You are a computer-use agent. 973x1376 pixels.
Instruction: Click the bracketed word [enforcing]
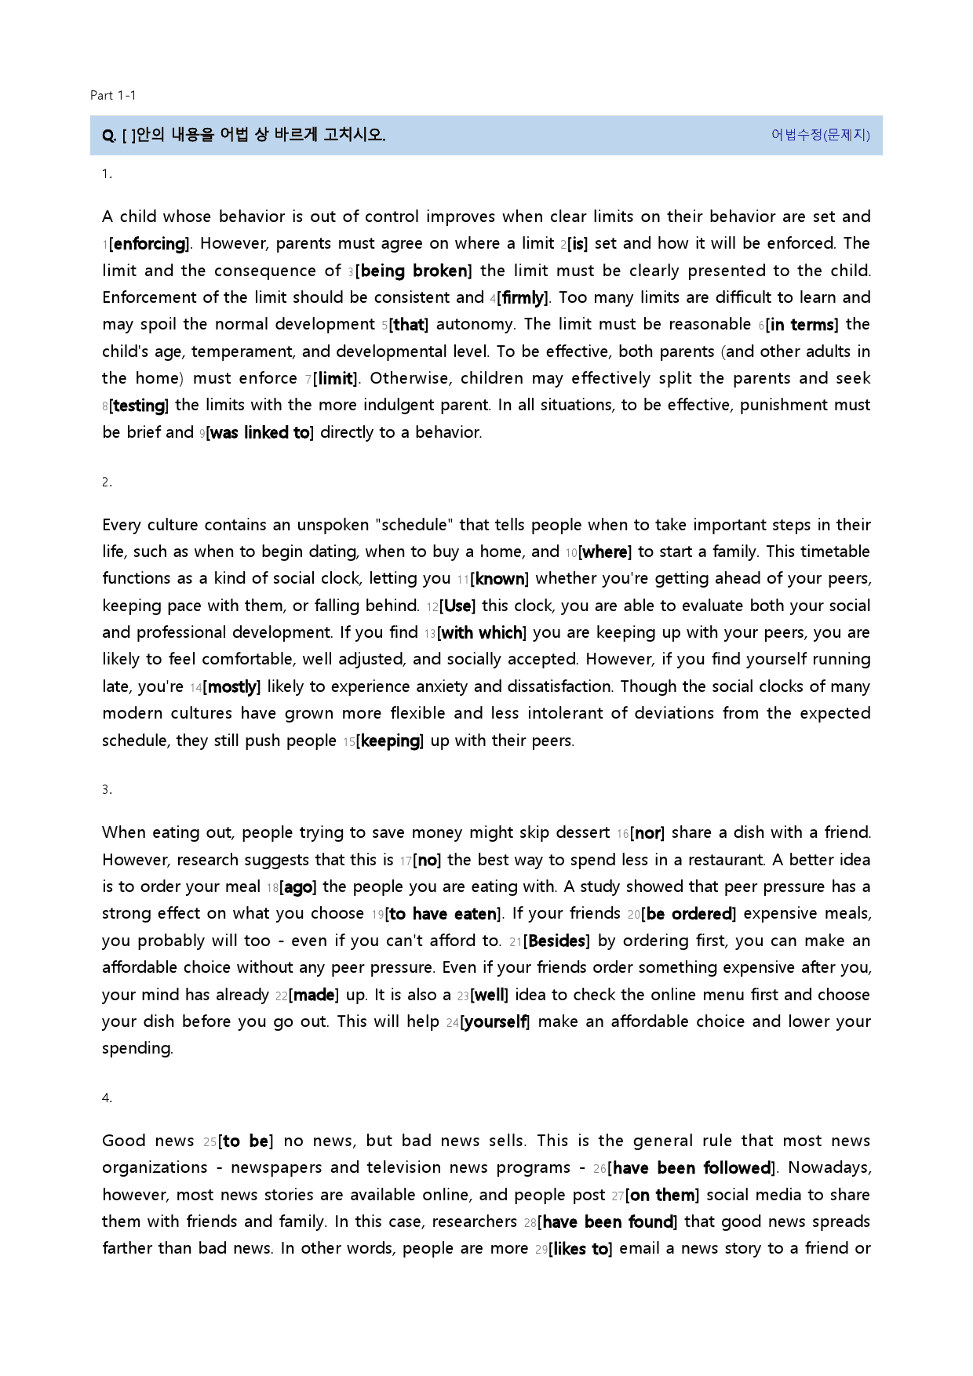point(150,244)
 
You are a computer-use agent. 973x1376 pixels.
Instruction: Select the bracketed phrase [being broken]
point(414,271)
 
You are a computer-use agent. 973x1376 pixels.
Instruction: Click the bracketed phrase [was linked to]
point(259,433)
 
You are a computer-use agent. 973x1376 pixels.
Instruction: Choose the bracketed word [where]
point(604,552)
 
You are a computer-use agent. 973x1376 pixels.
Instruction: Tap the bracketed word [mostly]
point(231,687)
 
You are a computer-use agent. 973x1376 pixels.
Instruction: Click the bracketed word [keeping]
point(390,741)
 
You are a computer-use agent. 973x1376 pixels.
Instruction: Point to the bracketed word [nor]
point(647,833)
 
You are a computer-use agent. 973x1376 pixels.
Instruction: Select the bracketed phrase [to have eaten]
point(444,914)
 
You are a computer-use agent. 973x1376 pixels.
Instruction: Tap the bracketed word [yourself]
point(495,1022)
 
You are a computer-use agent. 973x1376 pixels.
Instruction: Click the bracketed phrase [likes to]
point(581,1249)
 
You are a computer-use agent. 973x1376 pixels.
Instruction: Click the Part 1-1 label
point(113,96)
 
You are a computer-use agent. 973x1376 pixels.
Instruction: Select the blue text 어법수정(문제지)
point(820,135)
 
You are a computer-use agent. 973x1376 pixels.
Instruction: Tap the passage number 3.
point(107,790)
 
